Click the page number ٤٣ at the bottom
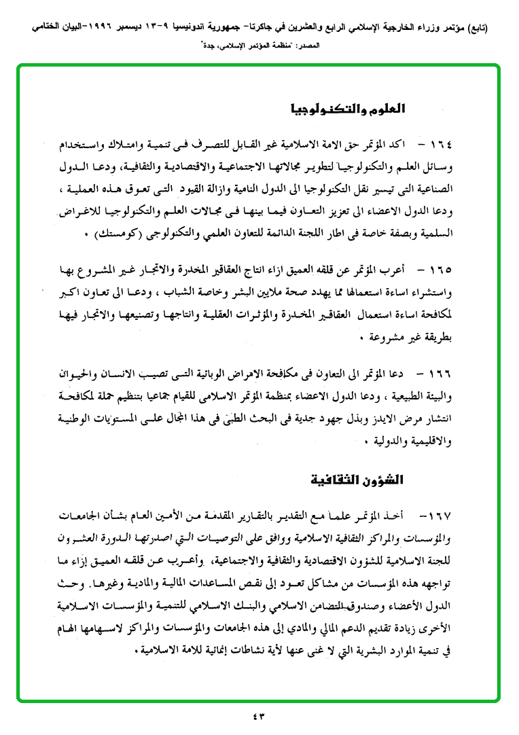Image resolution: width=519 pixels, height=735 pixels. coord(259,717)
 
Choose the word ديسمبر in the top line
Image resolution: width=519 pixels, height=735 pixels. coord(109,29)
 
